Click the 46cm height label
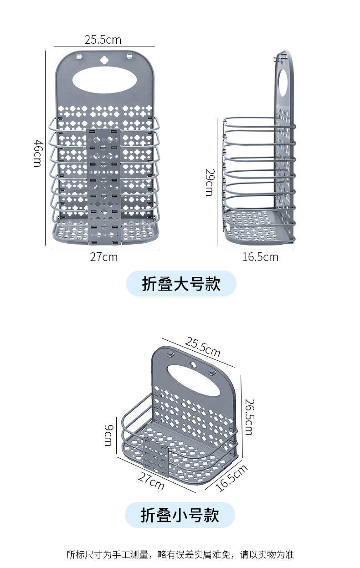tap(38, 153)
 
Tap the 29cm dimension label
tap(210, 182)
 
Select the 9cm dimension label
tap(108, 435)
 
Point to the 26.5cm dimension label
tap(249, 417)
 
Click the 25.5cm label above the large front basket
tap(103, 40)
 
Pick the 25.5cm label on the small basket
tap(202, 347)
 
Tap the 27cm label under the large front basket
tap(104, 257)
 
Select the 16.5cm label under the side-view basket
tap(260, 257)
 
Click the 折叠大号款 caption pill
tap(181, 283)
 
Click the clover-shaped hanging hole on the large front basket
tap(104, 60)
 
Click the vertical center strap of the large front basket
tap(104, 187)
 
